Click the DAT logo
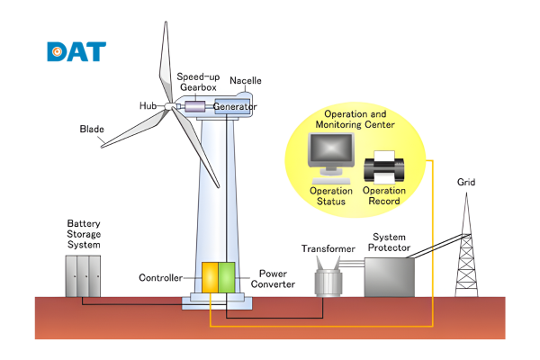[76, 50]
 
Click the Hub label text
[148, 106]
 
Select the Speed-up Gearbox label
[196, 83]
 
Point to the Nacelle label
[246, 81]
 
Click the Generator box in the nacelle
[235, 107]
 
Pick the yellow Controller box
[208, 276]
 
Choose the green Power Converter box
[227, 276]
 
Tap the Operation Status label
[330, 195]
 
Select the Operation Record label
[384, 195]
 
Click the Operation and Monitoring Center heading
[355, 121]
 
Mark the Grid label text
[465, 183]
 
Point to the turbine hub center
[170, 107]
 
